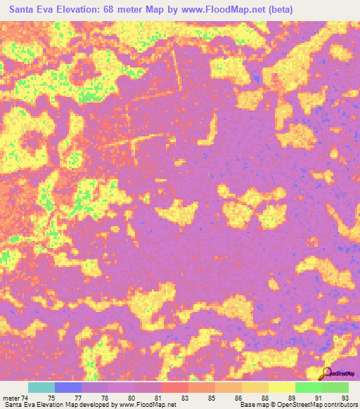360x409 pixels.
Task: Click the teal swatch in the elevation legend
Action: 41,387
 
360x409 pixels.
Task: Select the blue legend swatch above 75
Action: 68,387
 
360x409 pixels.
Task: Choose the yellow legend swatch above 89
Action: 282,387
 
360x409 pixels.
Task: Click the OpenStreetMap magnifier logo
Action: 328,372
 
